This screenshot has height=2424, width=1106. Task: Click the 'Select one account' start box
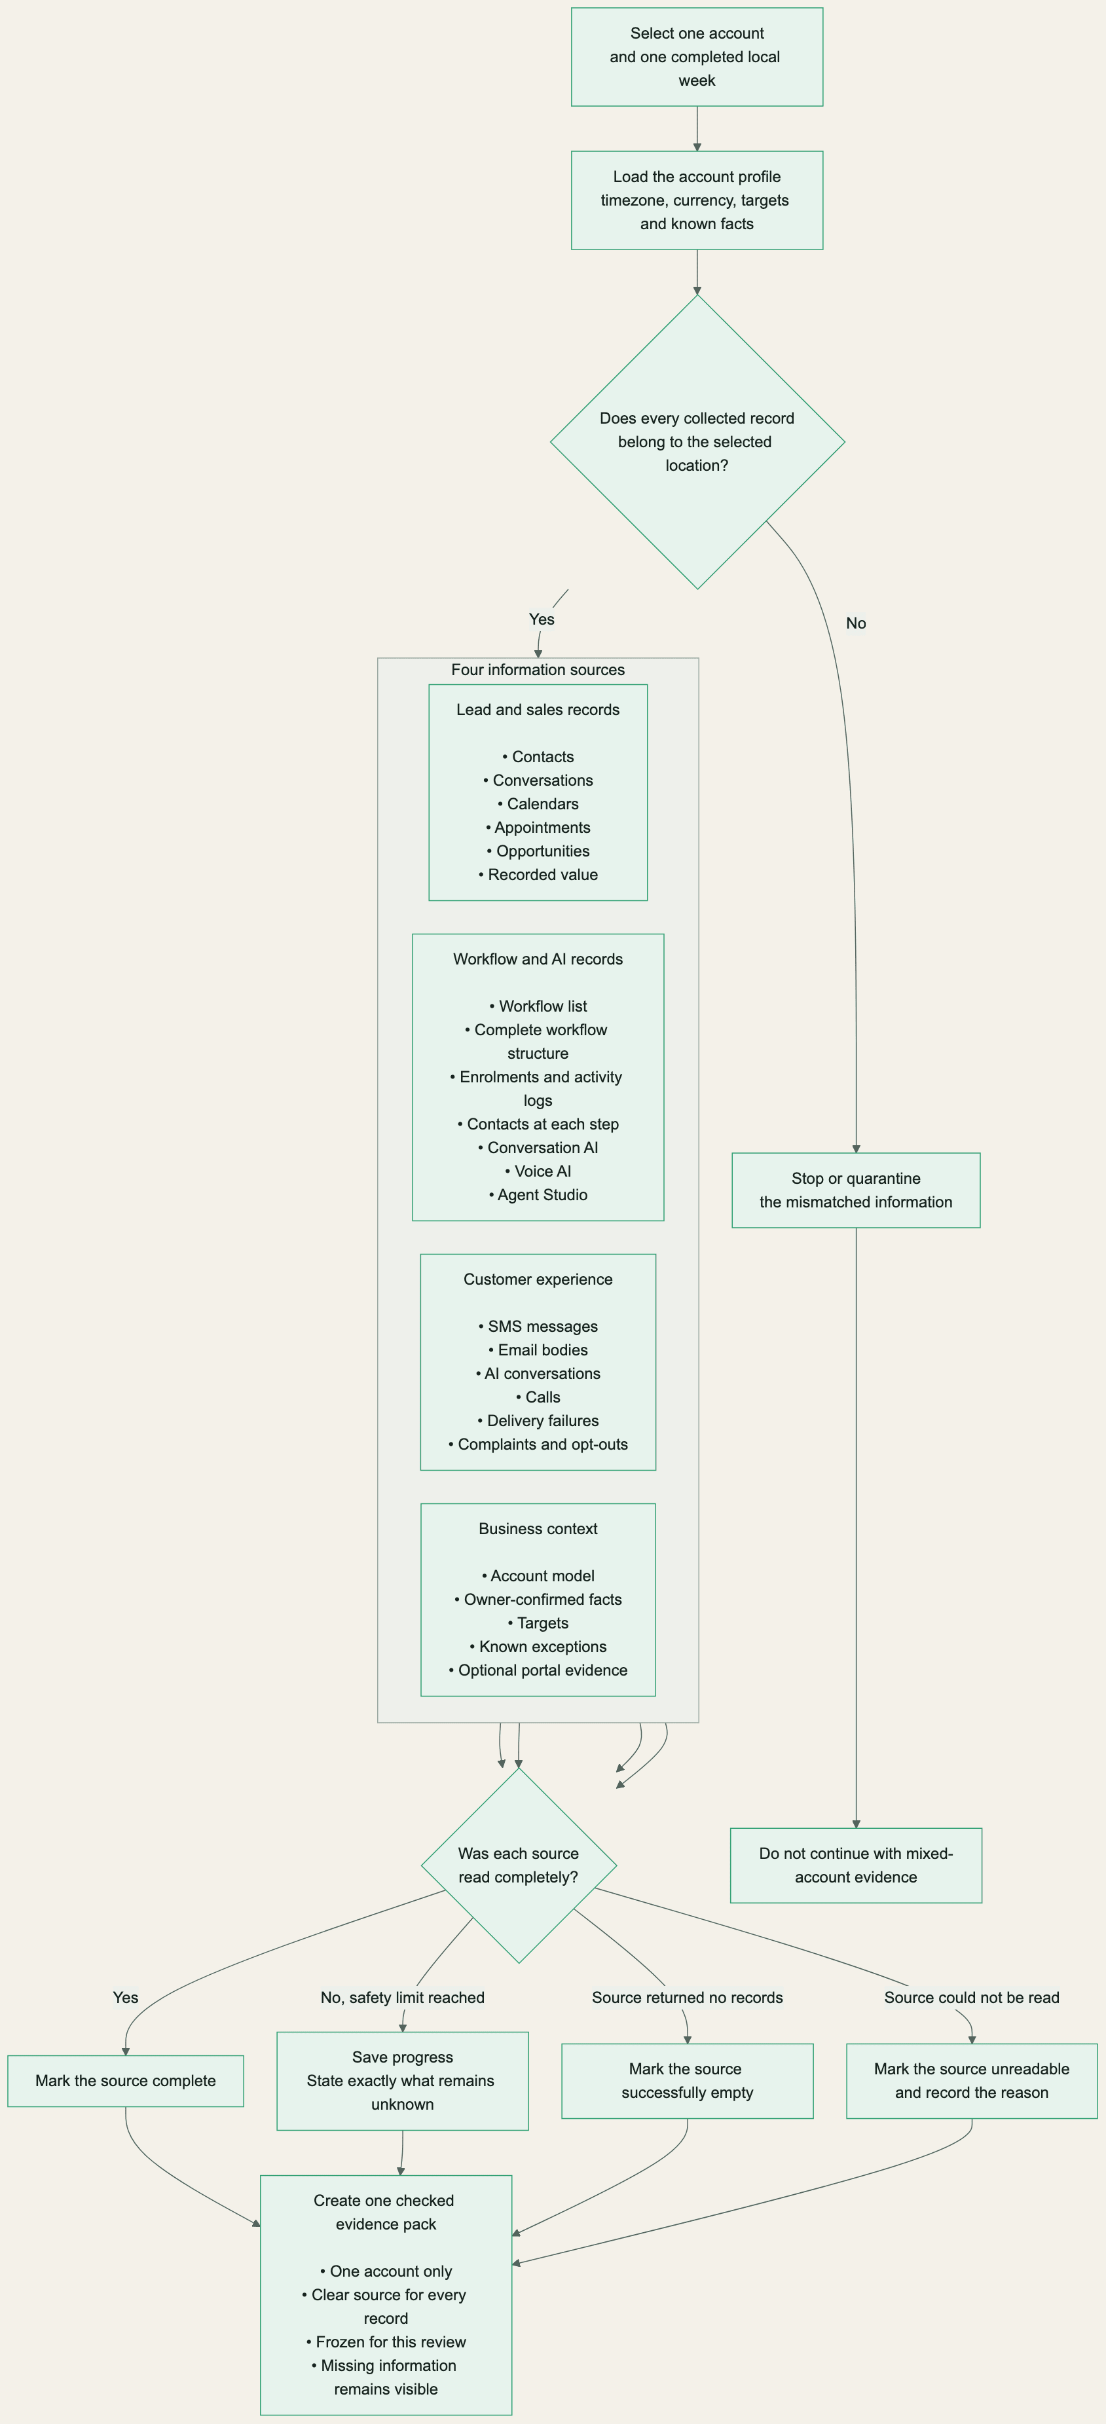click(697, 56)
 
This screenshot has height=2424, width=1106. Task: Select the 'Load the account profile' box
click(697, 200)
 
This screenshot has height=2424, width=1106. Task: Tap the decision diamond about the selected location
click(697, 442)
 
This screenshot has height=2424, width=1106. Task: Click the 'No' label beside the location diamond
click(856, 623)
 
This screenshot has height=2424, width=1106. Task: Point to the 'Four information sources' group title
click(538, 670)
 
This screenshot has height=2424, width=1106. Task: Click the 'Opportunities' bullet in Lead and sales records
click(538, 851)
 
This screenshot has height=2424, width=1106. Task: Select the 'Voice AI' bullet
click(538, 1171)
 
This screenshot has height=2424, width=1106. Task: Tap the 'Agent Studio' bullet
click(538, 1194)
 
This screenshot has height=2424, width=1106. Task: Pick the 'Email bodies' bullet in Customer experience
click(538, 1350)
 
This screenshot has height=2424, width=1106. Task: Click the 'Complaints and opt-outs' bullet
click(538, 1444)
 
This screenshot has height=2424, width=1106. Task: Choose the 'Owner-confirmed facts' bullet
click(538, 1599)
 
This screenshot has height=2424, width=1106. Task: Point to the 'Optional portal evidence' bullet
click(538, 1669)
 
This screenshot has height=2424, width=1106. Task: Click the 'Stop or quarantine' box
click(857, 1190)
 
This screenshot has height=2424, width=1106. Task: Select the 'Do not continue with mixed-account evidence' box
click(857, 1865)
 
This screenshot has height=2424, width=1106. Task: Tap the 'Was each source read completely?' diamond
click(519, 1865)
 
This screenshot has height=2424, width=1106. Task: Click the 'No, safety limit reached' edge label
click(403, 1997)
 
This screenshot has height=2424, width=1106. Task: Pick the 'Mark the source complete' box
click(125, 2080)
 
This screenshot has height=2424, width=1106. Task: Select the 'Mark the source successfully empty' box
click(687, 2080)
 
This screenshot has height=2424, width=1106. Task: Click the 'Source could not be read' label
click(971, 1997)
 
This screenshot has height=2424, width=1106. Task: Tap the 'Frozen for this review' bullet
click(386, 2341)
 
